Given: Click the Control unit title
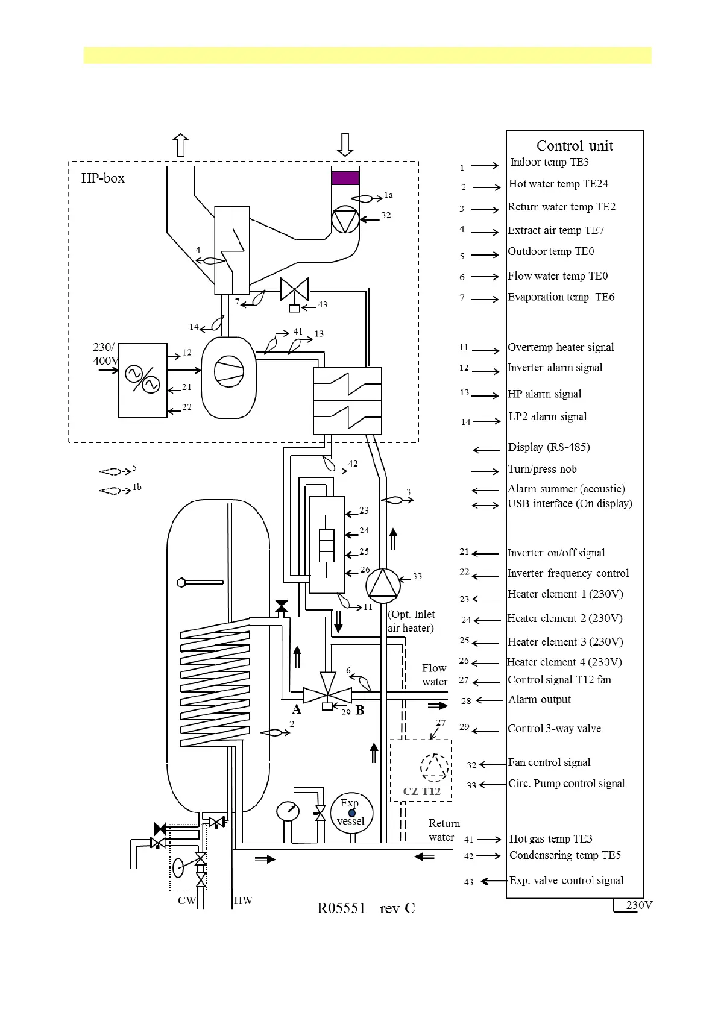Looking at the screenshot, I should (575, 146).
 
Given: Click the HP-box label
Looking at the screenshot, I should (103, 178).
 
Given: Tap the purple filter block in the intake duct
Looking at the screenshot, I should (345, 178).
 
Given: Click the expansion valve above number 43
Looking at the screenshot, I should (294, 289).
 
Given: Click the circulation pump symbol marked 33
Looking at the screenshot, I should (382, 585).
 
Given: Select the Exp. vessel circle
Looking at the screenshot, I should (351, 813).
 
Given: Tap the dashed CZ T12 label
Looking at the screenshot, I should (422, 791).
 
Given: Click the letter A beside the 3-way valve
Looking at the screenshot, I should (297, 709).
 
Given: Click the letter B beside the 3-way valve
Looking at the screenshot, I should (360, 711).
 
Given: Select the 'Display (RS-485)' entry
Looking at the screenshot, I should (549, 447).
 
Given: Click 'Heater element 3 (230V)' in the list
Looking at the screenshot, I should (565, 642).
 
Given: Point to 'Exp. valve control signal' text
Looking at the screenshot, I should (566, 881).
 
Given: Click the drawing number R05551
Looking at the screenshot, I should (341, 909).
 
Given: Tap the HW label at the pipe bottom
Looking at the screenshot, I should (243, 900).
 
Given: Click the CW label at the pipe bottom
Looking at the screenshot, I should (187, 900).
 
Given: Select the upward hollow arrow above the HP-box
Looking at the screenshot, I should (181, 145).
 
